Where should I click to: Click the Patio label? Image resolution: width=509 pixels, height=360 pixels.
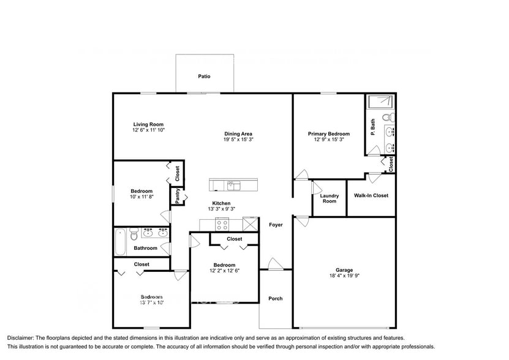[x=204, y=77]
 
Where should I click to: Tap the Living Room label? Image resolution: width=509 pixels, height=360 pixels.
[x=148, y=124]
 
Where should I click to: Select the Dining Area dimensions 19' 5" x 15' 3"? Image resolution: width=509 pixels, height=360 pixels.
[x=238, y=140]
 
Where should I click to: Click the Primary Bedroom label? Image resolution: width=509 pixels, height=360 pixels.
[x=329, y=134]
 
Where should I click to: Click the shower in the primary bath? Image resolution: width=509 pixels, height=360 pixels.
[x=380, y=102]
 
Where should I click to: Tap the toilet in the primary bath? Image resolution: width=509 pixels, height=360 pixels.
[x=388, y=117]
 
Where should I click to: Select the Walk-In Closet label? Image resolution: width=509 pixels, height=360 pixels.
[x=371, y=196]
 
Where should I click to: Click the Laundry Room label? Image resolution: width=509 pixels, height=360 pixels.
[x=329, y=198]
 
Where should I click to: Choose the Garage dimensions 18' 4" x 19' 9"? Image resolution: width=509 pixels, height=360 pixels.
[x=344, y=276]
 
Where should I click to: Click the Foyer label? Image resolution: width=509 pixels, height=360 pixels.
[x=276, y=225]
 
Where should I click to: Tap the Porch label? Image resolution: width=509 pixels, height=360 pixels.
[x=276, y=299]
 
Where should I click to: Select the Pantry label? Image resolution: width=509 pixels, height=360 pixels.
[x=178, y=195]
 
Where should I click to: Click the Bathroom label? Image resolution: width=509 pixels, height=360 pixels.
[x=146, y=248]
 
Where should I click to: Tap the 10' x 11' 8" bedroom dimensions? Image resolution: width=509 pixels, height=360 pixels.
[x=141, y=197]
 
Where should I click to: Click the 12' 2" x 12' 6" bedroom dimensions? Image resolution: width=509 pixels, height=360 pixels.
[x=224, y=271]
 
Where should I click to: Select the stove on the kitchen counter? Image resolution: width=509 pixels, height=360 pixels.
[x=222, y=223]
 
